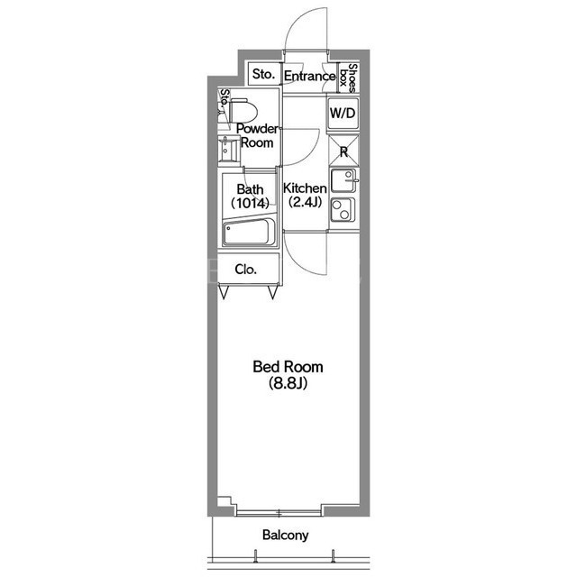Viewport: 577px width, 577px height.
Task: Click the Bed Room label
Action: pyautogui.click(x=288, y=367)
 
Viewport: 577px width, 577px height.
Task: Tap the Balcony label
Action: pyautogui.click(x=285, y=535)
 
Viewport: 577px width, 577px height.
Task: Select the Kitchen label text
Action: pyautogui.click(x=305, y=188)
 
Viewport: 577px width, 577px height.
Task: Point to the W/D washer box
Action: pyautogui.click(x=343, y=113)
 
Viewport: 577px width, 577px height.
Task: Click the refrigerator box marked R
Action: pyautogui.click(x=343, y=151)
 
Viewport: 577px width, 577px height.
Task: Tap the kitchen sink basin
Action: pyautogui.click(x=343, y=180)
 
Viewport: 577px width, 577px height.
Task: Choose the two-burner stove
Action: pyautogui.click(x=343, y=210)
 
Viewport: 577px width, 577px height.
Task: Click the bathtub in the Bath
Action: pyautogui.click(x=249, y=232)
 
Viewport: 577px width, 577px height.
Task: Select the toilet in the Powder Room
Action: pyautogui.click(x=243, y=111)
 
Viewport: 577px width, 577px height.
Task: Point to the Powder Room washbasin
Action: pyautogui.click(x=228, y=149)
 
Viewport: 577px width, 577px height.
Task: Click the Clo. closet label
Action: pyautogui.click(x=245, y=270)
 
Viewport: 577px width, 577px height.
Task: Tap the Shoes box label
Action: pyautogui.click(x=348, y=78)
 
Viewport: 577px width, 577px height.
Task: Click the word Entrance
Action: pyautogui.click(x=310, y=76)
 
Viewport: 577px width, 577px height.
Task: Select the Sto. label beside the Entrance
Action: pyautogui.click(x=263, y=74)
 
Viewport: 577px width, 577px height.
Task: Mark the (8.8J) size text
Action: pyautogui.click(x=288, y=383)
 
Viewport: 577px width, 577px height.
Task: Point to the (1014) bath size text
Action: pyautogui.click(x=250, y=203)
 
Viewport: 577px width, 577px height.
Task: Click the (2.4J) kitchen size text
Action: pyautogui.click(x=305, y=202)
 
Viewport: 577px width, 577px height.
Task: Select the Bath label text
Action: pyautogui.click(x=251, y=189)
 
